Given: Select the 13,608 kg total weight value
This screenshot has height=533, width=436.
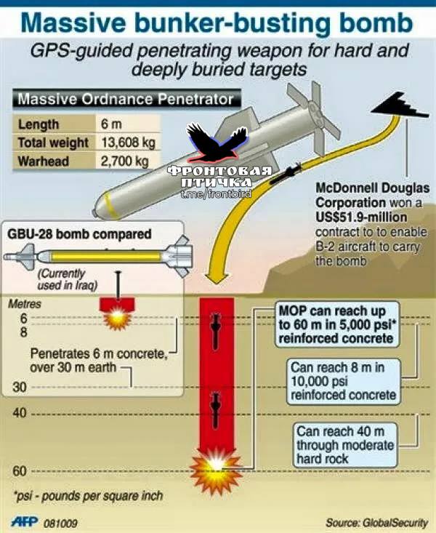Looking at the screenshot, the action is click(128, 143).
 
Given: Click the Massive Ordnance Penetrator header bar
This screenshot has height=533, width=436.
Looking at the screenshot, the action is click(126, 100).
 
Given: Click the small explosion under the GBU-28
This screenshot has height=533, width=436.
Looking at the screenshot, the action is click(117, 318).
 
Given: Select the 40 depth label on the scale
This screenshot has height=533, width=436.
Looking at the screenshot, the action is click(20, 413).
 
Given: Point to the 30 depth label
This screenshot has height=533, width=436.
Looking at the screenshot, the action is click(20, 387).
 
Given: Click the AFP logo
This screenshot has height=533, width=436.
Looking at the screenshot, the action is click(25, 522).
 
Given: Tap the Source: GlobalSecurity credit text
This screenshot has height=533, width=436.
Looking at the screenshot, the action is click(376, 523).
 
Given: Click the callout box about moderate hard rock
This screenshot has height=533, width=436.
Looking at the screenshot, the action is click(345, 445).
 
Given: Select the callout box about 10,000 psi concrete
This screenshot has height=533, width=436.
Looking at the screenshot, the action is click(344, 382).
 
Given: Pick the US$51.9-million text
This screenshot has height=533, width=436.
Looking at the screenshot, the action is click(361, 217).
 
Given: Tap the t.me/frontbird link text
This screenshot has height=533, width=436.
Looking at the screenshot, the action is click(216, 194).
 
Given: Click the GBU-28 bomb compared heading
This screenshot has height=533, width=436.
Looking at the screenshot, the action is click(79, 234).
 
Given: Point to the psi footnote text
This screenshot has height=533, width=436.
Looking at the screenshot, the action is click(88, 496).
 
